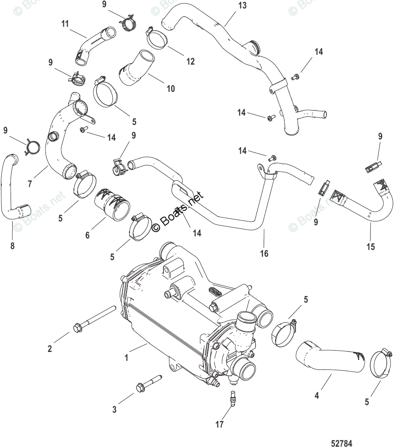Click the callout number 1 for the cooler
pos(126,358)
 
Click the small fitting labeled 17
pos(232,398)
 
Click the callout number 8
pos(12,245)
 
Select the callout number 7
pos(29,184)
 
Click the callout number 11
pos(65,24)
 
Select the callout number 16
pos(264,253)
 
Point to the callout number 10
pos(170,89)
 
